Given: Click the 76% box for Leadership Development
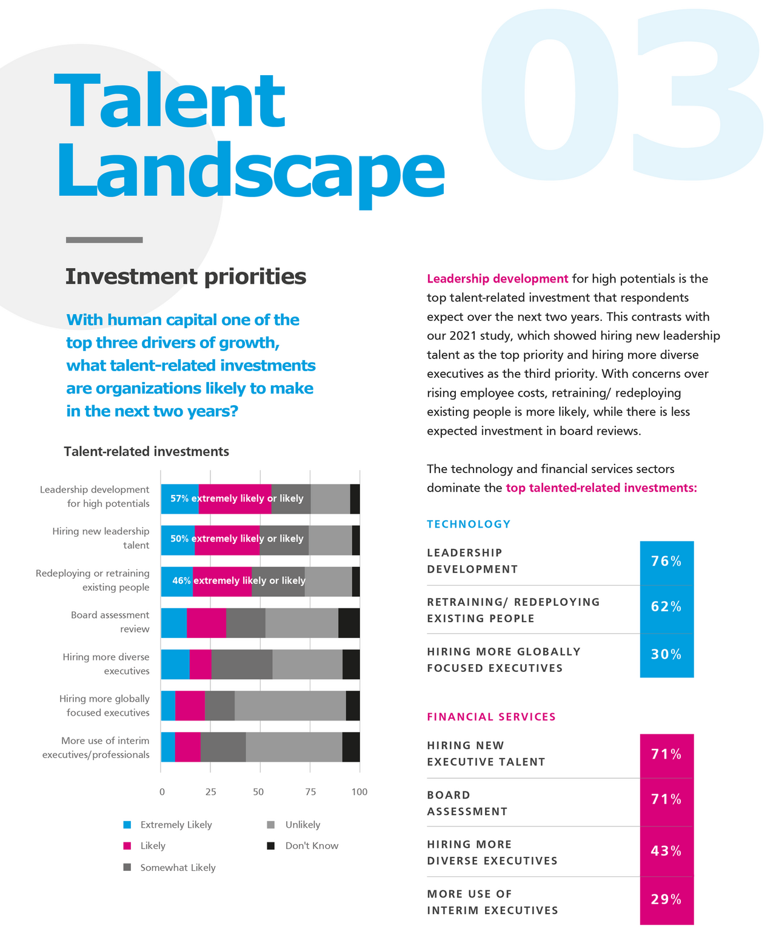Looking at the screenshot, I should (666, 562).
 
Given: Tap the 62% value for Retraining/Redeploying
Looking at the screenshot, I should (666, 607).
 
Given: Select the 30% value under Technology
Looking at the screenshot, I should (666, 655).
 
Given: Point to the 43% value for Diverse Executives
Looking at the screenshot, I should (666, 851).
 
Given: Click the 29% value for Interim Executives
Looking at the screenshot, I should (666, 899).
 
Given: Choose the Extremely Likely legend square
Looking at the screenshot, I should (127, 825).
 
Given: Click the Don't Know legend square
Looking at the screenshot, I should (271, 845).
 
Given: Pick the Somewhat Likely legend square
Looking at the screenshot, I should (127, 867).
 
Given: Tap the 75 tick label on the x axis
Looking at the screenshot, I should (310, 792).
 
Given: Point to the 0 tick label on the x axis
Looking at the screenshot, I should (162, 792).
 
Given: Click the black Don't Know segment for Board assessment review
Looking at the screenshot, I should (349, 623).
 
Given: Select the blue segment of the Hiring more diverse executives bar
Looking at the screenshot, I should (175, 664).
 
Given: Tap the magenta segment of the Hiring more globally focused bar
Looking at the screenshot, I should (190, 706).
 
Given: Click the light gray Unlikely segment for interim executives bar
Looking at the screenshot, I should (294, 747).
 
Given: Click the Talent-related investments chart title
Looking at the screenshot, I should (147, 451).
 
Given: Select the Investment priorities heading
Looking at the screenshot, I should (186, 277).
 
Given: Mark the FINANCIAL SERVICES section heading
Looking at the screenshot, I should (491, 717).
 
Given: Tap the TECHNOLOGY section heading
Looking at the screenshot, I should (469, 524).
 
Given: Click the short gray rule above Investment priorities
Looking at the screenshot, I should (104, 240).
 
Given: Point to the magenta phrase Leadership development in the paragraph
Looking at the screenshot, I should (497, 279).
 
